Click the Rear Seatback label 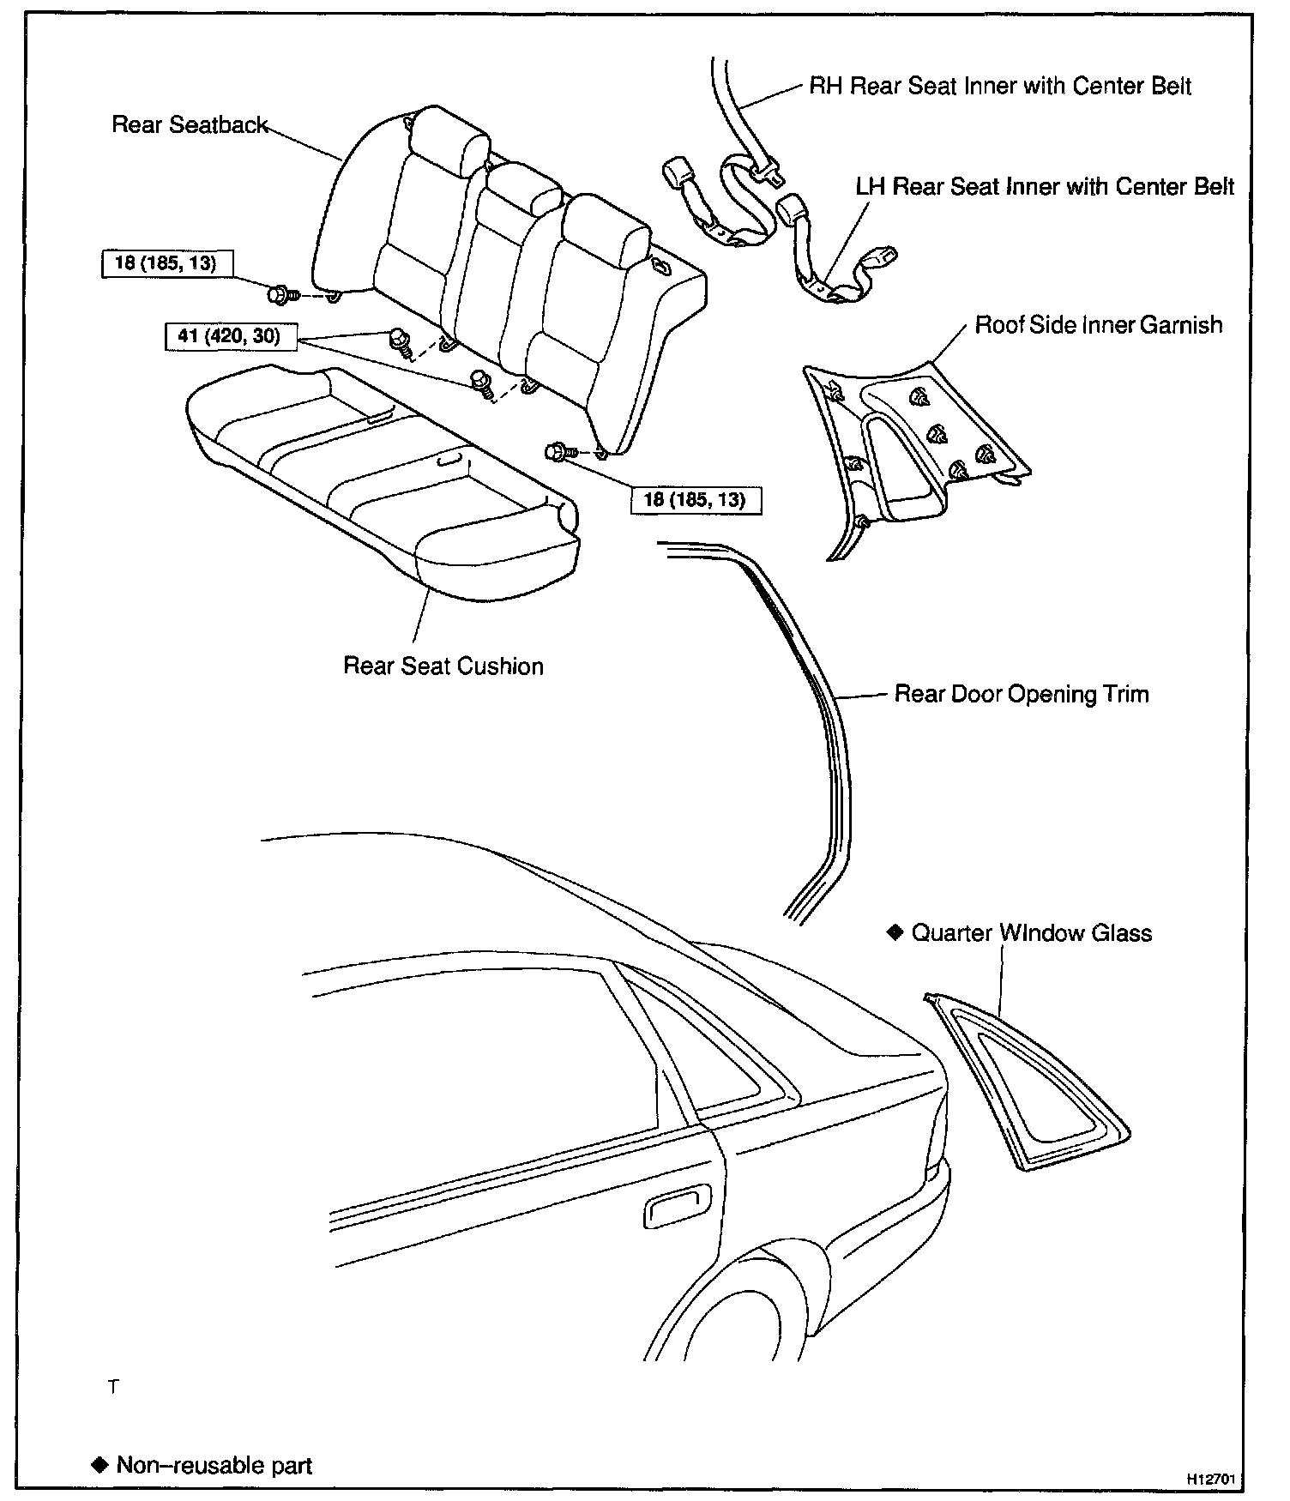tap(190, 125)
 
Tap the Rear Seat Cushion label tap(443, 666)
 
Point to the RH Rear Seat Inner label tap(1000, 86)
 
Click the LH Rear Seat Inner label tap(1045, 187)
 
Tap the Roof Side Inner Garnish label tap(1098, 325)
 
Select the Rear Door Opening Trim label tap(1021, 694)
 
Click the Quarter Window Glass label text tap(1031, 933)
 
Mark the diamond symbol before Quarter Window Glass tap(895, 932)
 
